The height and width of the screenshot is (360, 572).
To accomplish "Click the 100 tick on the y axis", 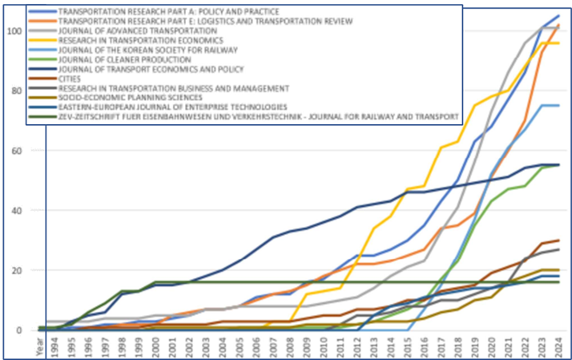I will click(x=13, y=30).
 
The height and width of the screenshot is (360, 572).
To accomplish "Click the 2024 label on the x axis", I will click(x=558, y=345).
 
